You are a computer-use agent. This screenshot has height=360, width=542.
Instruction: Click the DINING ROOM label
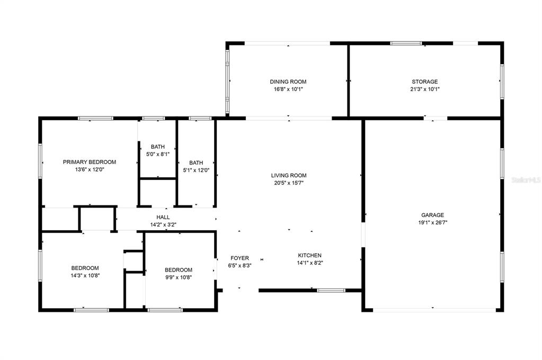point(288,82)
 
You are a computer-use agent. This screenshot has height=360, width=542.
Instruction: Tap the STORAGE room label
point(424,82)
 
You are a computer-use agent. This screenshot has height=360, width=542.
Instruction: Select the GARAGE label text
point(432,215)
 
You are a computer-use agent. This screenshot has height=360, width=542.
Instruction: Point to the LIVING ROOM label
point(289,176)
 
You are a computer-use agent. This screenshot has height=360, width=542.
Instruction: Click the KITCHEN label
point(310,255)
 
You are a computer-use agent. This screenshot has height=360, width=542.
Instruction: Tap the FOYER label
point(239,258)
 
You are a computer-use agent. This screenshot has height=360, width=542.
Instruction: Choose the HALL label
point(163,217)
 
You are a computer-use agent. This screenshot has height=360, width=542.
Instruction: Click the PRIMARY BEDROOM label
point(90,162)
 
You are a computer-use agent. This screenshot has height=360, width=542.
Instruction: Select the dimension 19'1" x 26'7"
point(432,222)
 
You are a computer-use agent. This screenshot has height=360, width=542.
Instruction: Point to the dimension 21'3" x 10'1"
point(424,89)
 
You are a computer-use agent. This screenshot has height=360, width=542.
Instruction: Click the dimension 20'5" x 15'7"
point(289,183)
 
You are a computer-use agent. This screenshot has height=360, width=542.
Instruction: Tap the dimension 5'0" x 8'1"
point(158,155)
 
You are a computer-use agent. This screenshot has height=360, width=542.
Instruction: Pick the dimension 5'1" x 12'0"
point(196,170)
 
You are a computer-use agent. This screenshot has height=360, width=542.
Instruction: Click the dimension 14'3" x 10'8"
point(85,276)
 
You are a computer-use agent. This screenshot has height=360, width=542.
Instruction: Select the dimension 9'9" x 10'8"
point(179,277)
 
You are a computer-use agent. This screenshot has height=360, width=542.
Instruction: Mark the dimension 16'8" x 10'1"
point(288,89)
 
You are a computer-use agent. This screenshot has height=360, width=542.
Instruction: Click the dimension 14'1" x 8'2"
point(310,263)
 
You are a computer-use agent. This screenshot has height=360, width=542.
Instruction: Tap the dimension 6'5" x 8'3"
point(239,266)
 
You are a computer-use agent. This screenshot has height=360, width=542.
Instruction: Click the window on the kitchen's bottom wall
point(331,291)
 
